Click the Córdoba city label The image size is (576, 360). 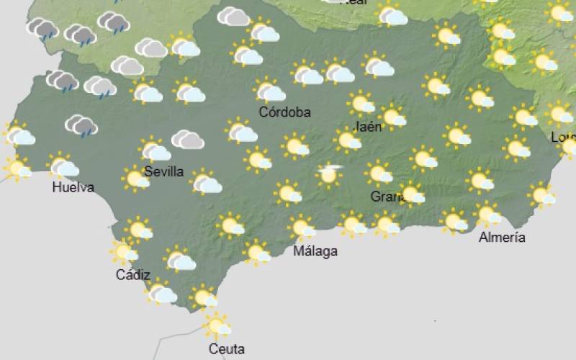[285, 112]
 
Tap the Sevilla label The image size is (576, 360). [163, 171]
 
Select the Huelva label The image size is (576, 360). [73, 188]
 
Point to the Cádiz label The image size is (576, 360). [133, 274]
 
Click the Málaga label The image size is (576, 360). [315, 251]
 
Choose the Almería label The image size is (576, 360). [502, 238]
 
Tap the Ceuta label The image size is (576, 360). [226, 349]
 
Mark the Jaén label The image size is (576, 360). [368, 127]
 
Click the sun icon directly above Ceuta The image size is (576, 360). [217, 325]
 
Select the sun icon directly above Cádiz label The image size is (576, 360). [124, 251]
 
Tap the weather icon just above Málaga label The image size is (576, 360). [302, 228]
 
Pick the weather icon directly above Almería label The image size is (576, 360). [488, 214]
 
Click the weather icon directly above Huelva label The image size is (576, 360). [63, 166]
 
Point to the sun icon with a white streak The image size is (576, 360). [329, 174]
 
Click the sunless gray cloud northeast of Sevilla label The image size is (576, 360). [187, 139]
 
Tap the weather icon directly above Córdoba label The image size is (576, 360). [269, 91]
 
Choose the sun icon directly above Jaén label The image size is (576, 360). [361, 103]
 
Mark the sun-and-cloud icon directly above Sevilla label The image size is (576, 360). [154, 150]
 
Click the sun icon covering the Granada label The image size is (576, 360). [410, 193]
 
